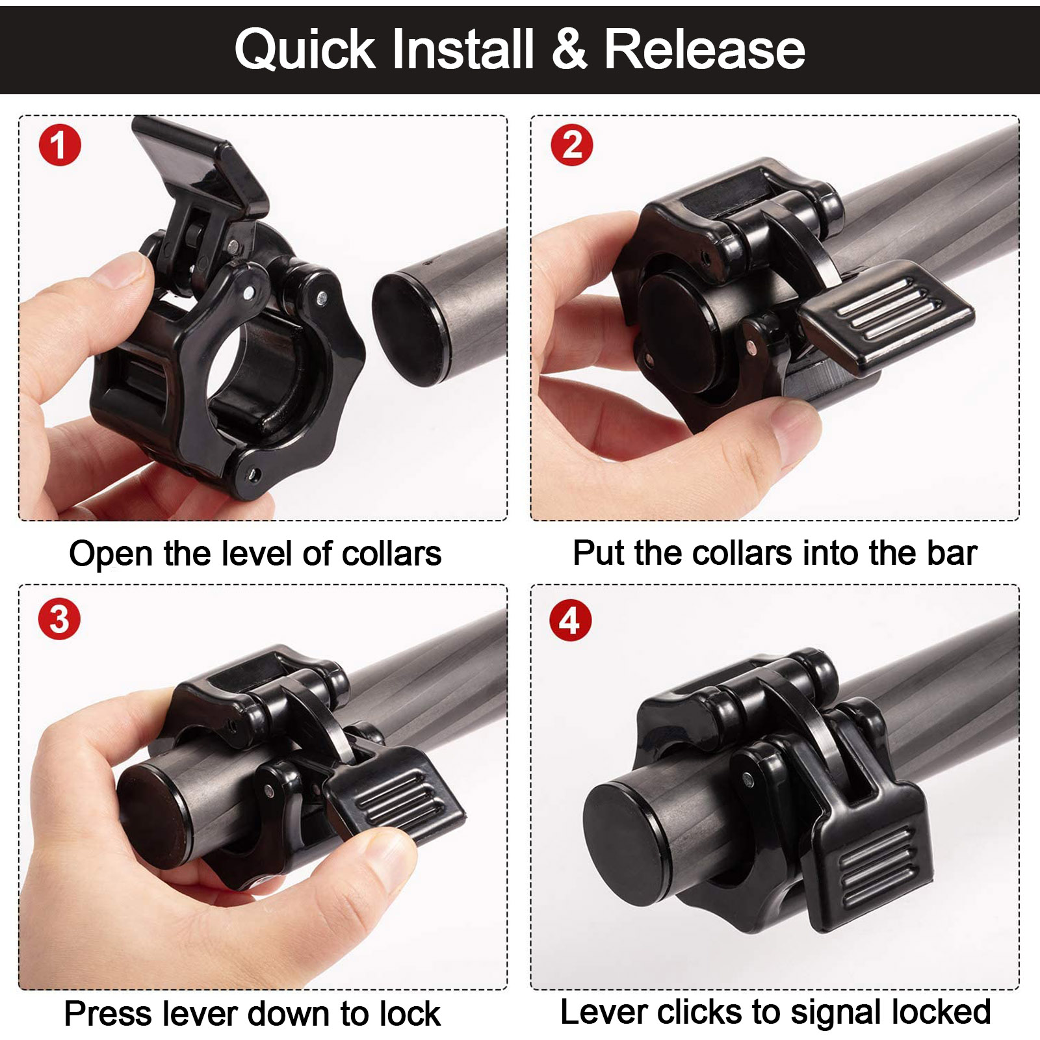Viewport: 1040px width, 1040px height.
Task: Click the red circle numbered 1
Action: click(x=59, y=145)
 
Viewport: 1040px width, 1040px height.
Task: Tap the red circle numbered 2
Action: click(x=571, y=145)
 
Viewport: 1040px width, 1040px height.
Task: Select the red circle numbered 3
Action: click(x=59, y=619)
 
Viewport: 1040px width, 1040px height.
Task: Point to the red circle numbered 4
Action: click(x=570, y=620)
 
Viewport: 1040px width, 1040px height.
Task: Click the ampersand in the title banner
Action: click(x=569, y=49)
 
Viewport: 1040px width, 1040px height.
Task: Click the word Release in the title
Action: click(x=705, y=49)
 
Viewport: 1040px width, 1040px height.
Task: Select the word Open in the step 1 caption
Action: click(x=111, y=554)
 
